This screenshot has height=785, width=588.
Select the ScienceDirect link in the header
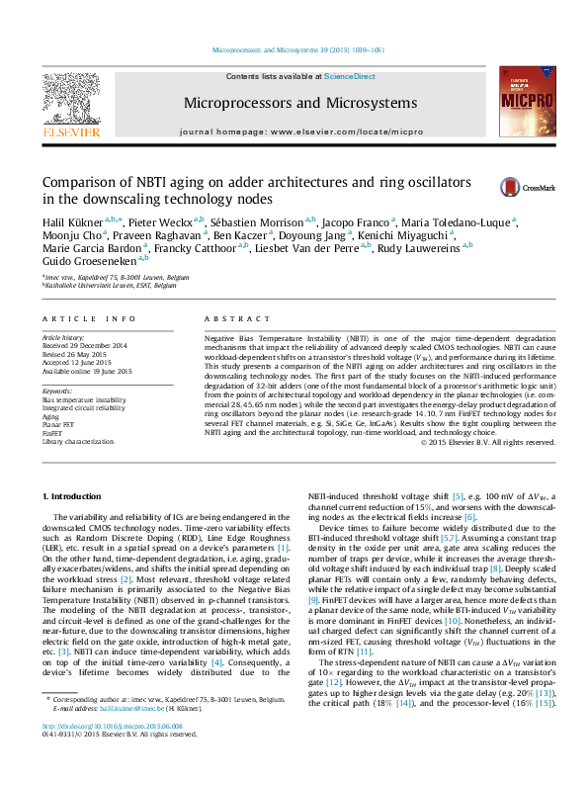tap(347, 76)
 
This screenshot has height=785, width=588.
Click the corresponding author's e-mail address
tap(127, 736)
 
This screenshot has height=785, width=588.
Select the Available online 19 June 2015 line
tap(89, 370)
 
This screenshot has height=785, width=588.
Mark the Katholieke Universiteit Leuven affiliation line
tap(110, 286)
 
